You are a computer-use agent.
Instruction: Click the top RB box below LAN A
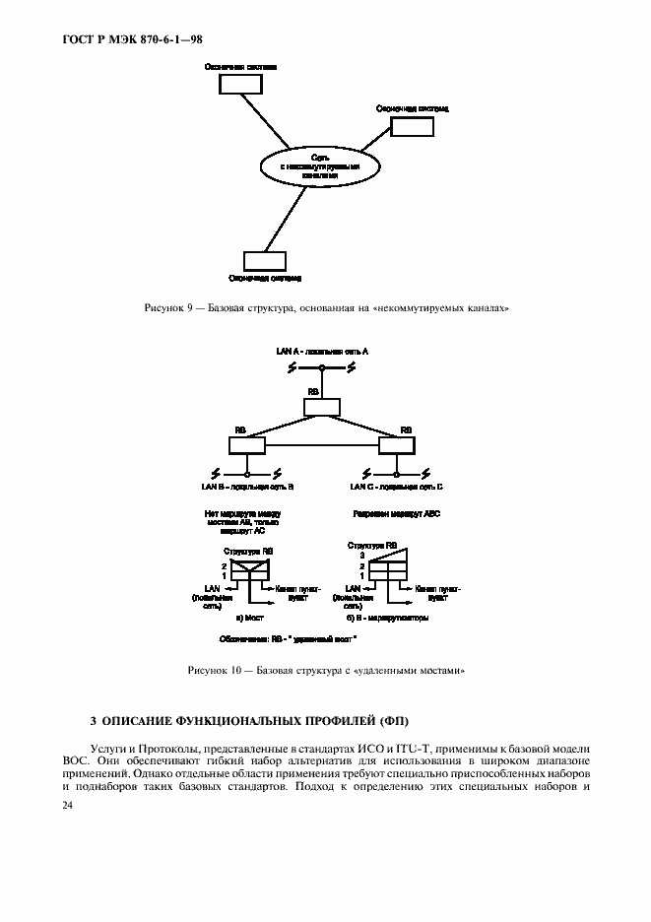322,406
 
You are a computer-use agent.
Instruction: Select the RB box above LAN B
247,445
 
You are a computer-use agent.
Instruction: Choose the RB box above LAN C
397,445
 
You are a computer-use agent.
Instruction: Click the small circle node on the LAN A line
322,367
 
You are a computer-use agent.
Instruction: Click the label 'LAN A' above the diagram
292,351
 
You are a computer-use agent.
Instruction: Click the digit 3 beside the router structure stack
361,556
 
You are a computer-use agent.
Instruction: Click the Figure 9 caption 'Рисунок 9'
168,308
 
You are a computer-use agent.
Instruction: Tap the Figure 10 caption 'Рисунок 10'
214,670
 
